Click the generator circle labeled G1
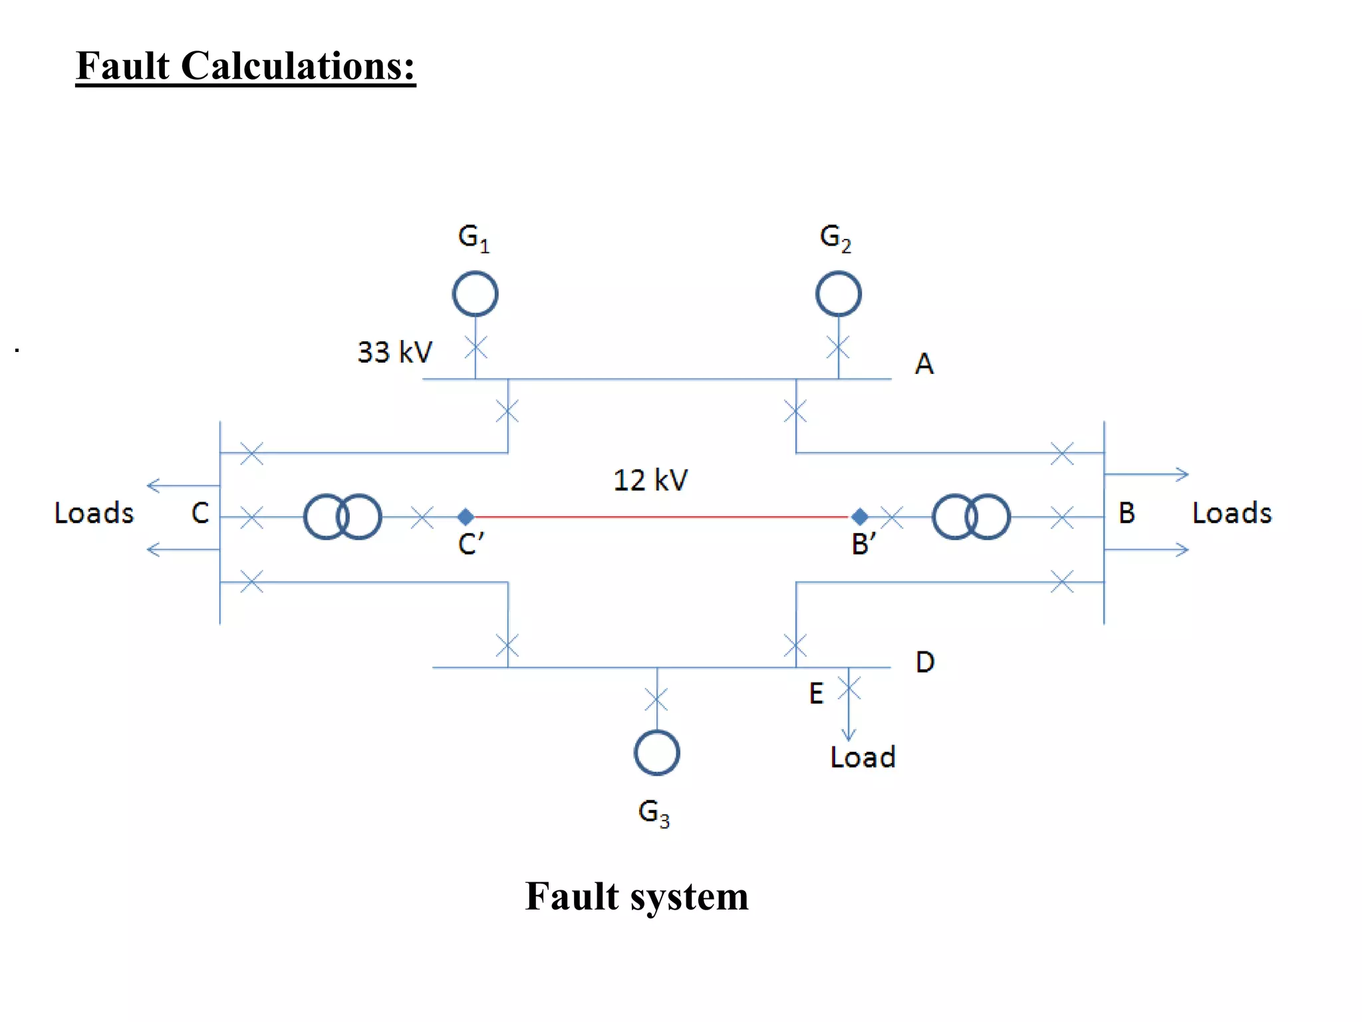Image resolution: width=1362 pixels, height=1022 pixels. tap(475, 293)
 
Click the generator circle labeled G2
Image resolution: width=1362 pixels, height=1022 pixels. tap(838, 293)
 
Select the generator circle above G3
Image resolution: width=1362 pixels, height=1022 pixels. tap(656, 753)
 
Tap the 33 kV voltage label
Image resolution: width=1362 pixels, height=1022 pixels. tap(394, 352)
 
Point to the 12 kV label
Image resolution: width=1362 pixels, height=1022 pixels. tap(650, 480)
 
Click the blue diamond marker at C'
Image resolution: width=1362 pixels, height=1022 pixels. tap(466, 516)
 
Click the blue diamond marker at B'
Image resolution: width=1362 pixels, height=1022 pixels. tap(859, 516)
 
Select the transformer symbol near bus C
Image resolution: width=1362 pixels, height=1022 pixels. tap(342, 516)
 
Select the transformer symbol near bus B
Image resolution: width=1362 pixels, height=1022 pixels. tap(971, 516)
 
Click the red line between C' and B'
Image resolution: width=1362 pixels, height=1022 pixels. tap(662, 516)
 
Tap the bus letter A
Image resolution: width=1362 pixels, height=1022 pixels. tap(924, 364)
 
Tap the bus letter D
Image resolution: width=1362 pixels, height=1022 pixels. tap(924, 662)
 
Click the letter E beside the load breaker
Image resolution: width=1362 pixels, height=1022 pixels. tap(816, 693)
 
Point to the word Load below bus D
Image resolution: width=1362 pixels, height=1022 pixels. tap(863, 757)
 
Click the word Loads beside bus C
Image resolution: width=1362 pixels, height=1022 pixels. tap(94, 513)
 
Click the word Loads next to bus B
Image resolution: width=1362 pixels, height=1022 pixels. tap(1232, 513)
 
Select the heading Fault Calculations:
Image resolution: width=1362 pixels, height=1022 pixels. tap(245, 66)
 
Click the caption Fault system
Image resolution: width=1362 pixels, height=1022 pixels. tap(636, 896)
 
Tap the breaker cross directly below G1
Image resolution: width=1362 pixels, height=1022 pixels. tap(476, 347)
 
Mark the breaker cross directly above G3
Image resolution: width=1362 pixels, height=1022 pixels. tap(656, 699)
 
